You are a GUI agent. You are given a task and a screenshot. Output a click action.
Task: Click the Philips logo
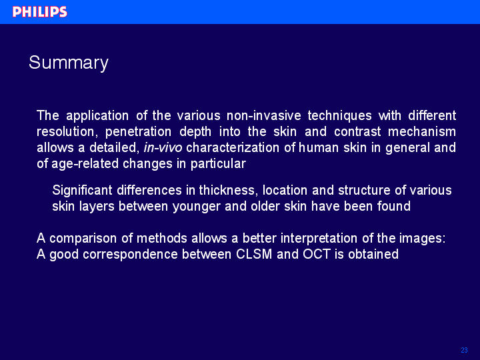click(40, 12)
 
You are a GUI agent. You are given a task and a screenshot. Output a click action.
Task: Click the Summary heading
click(69, 63)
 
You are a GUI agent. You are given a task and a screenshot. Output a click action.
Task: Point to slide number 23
click(464, 350)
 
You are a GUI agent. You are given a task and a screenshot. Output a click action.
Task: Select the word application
click(97, 116)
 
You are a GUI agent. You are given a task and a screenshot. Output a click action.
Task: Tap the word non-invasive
click(264, 116)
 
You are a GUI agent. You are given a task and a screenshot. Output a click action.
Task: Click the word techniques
click(339, 116)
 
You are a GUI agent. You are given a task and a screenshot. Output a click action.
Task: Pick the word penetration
click(139, 132)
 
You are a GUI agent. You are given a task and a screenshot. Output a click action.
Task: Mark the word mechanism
click(422, 131)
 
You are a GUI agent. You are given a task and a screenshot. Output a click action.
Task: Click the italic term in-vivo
click(163, 148)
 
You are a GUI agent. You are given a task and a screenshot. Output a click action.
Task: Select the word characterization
click(233, 148)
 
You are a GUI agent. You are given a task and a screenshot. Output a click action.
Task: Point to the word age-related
click(85, 164)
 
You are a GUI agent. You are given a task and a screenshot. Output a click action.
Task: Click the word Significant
click(83, 191)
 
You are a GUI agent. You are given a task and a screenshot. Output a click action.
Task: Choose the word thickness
click(227, 191)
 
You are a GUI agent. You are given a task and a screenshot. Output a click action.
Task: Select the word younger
click(197, 207)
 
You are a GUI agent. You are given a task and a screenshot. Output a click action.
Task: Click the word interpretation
click(319, 239)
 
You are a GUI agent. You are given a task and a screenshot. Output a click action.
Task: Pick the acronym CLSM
click(254, 255)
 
